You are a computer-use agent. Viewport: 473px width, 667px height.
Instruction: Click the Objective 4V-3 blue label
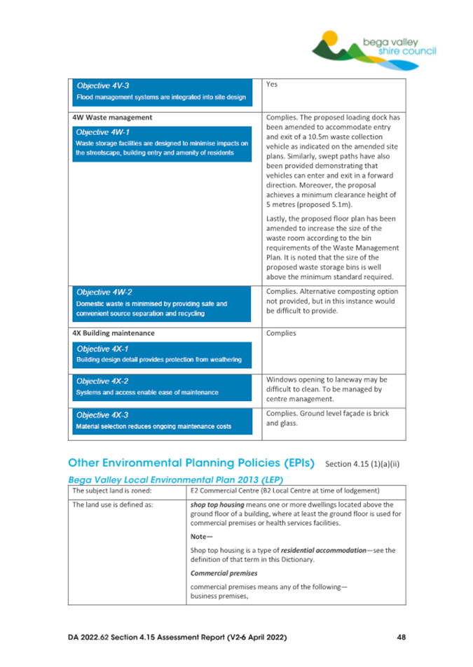pyautogui.click(x=97, y=85)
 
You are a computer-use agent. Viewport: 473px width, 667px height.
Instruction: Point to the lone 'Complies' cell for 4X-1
pyautogui.click(x=282, y=334)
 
